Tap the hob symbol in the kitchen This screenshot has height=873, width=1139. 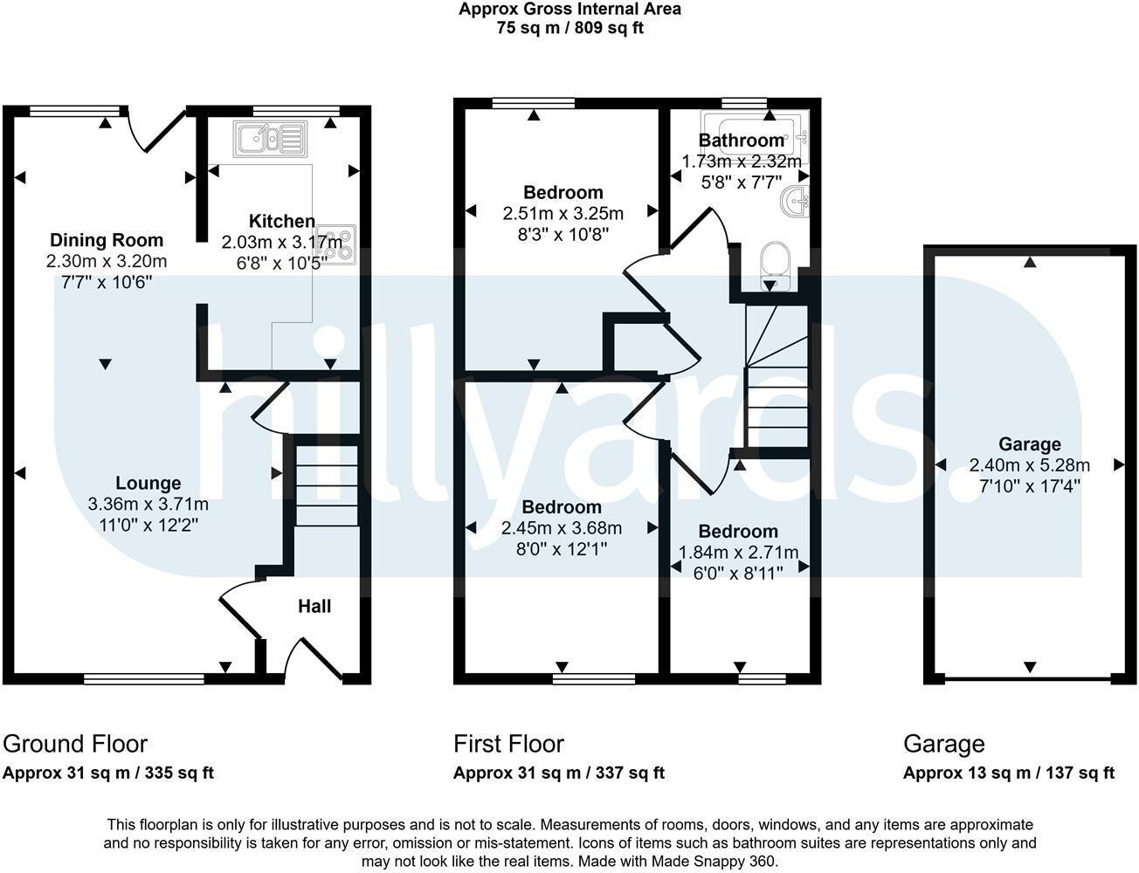pyautogui.click(x=342, y=244)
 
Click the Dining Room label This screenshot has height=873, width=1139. pyautogui.click(x=107, y=240)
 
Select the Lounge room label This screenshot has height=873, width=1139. pyautogui.click(x=148, y=483)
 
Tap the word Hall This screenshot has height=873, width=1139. pyautogui.click(x=314, y=606)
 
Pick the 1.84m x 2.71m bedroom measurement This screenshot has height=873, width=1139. pyautogui.click(x=739, y=552)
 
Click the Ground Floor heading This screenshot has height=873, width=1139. pyautogui.click(x=75, y=744)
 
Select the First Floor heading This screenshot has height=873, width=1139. pyautogui.click(x=508, y=744)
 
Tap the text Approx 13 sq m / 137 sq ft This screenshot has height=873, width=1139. pyautogui.click(x=1009, y=773)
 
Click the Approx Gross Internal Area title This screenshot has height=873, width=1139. pyautogui.click(x=569, y=10)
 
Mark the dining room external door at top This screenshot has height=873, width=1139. pyautogui.click(x=157, y=131)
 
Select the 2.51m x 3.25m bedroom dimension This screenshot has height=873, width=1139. pyautogui.click(x=563, y=213)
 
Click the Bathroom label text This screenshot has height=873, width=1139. pyautogui.click(x=742, y=141)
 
